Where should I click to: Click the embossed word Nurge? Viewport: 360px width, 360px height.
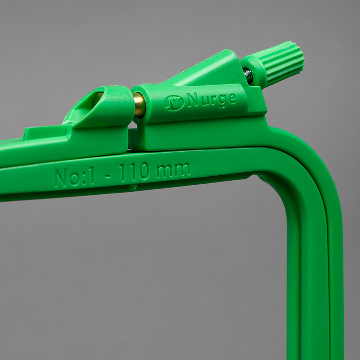[211, 100]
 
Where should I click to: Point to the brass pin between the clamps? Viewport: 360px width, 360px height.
[139, 105]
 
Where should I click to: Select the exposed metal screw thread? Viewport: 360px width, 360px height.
[248, 76]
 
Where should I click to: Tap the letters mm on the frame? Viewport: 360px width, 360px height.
[173, 170]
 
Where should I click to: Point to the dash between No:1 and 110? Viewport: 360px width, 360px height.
[107, 176]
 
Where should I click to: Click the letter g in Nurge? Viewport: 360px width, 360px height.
[222, 102]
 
